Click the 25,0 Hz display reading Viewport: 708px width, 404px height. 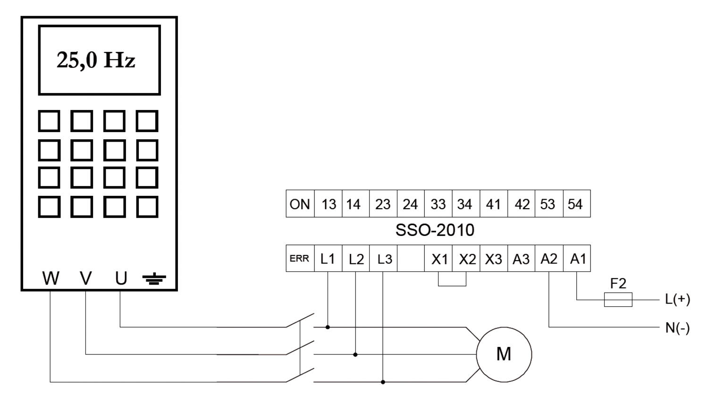point(96,60)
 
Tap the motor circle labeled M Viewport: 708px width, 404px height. point(504,354)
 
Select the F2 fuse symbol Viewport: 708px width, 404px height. point(618,299)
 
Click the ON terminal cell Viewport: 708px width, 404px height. point(300,204)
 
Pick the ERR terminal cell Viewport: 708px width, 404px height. point(300,259)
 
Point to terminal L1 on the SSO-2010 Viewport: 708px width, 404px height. point(328,259)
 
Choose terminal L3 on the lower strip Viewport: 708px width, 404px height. point(383,259)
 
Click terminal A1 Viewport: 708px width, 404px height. point(577,259)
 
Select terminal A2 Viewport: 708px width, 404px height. point(549,259)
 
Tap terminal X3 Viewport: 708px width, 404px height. point(494,259)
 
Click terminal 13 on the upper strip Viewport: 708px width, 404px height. point(328,204)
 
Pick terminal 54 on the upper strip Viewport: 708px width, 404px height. point(576,204)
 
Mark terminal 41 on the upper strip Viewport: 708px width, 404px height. point(494,204)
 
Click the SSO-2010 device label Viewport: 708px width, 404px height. point(435,230)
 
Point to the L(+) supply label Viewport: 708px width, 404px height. point(677,299)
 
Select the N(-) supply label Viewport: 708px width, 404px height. point(677,328)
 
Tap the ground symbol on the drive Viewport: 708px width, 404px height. point(154,279)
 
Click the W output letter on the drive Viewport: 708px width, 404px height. point(51,278)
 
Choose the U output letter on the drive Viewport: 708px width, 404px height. point(121,278)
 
